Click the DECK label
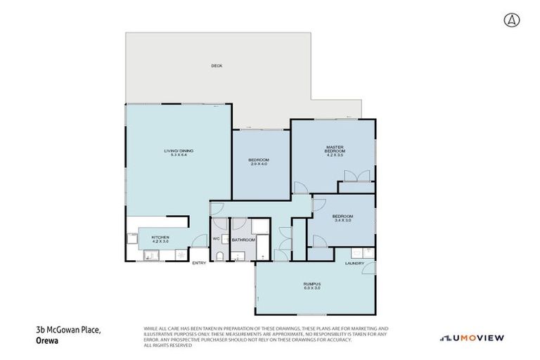(x=217, y=66)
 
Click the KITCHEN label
(x=160, y=237)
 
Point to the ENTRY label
(x=200, y=263)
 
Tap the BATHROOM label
(x=243, y=240)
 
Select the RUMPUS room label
(x=311, y=283)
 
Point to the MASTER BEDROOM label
(x=334, y=149)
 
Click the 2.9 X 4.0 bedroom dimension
(x=258, y=164)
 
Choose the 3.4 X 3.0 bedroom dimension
(x=342, y=220)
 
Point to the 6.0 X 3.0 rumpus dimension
(x=311, y=288)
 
